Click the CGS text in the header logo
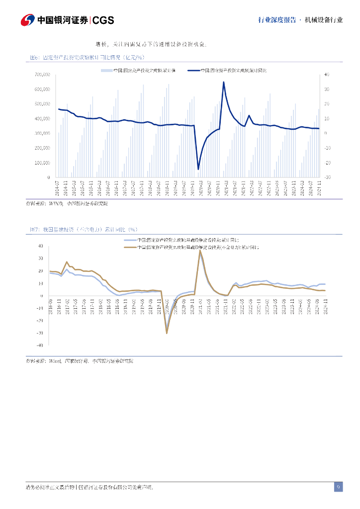tap(103, 20)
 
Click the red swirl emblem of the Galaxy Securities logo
tap(28, 20)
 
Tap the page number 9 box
tap(338, 487)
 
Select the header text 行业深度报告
tap(277, 20)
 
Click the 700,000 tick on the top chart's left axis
tap(42, 75)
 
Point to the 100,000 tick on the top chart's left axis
tap(42, 163)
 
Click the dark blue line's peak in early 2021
tap(223, 82)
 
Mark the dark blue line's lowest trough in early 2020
tap(198, 170)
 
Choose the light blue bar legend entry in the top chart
tap(134, 71)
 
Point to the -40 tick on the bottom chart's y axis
tap(40, 345)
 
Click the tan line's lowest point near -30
tap(167, 333)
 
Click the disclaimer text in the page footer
tap(90, 487)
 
